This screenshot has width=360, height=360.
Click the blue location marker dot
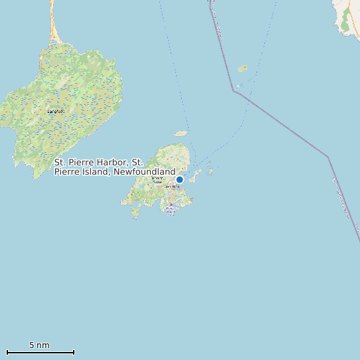(179, 179)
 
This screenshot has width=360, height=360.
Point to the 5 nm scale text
(39, 345)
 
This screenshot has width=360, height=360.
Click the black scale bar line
(40, 352)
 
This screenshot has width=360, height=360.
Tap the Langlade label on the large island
(56, 111)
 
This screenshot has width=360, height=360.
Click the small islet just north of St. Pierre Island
(180, 133)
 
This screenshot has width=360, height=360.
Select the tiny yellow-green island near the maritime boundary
(242, 68)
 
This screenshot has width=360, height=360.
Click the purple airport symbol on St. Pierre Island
(171, 205)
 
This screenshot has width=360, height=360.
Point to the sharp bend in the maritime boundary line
(234, 90)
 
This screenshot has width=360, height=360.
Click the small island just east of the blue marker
(197, 175)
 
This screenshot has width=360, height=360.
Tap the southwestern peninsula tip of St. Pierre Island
(135, 214)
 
